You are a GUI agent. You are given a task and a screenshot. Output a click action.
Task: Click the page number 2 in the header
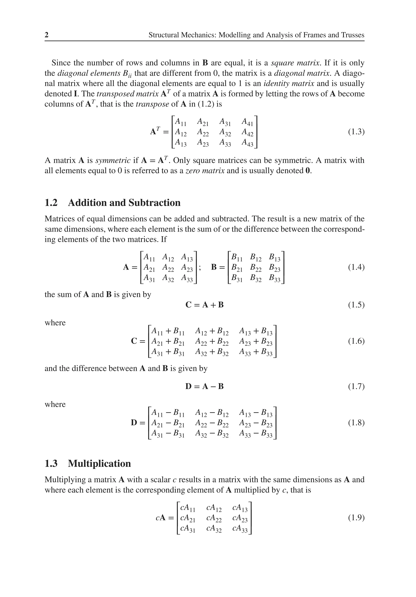[47, 35]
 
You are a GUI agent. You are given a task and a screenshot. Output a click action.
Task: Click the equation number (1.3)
[356, 132]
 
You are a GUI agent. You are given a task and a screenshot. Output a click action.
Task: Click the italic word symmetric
[113, 160]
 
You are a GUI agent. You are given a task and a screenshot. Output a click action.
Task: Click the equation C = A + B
[205, 305]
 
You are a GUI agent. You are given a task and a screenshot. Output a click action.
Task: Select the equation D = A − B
[205, 386]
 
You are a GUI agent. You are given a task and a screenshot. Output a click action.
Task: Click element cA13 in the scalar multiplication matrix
[240, 508]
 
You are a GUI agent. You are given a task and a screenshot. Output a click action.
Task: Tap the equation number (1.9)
[356, 518]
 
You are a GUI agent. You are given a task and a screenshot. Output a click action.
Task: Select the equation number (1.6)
[356, 341]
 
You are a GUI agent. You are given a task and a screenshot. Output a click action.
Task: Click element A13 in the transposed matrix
[181, 143]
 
